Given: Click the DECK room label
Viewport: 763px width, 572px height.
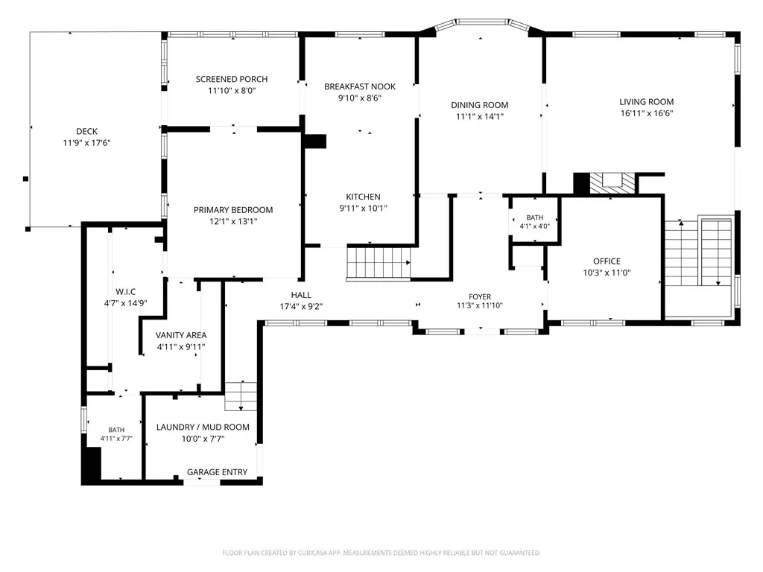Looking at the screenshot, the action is (86, 131).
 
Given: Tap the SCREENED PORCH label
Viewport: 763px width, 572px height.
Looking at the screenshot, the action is (232, 79).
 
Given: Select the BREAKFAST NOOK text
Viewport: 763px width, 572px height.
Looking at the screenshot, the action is (360, 86).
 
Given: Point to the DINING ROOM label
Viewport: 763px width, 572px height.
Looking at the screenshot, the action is (479, 105).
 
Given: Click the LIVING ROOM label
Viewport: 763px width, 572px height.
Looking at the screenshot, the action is (646, 101).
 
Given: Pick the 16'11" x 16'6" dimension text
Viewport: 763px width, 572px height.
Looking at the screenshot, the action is (646, 113).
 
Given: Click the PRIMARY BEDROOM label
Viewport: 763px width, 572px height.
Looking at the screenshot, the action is (233, 209).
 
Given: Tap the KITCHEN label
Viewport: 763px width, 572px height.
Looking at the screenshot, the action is (363, 197).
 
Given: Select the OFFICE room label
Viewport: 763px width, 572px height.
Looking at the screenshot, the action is (607, 261).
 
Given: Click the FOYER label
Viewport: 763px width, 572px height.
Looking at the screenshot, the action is (480, 296).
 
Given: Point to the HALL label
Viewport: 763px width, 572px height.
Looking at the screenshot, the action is (301, 295).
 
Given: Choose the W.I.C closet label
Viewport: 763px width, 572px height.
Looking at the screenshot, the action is (125, 291).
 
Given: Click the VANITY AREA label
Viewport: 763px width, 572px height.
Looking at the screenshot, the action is (181, 335).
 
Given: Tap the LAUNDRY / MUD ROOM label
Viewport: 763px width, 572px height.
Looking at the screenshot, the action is (203, 427).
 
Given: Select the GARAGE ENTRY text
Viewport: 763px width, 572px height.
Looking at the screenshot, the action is (217, 471).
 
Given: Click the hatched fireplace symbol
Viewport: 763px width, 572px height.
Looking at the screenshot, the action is (612, 183).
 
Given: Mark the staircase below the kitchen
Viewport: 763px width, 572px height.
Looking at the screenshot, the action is (379, 263).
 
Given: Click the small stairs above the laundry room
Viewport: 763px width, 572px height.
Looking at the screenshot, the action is (241, 396).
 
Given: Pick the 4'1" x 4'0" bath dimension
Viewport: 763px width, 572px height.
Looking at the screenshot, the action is (535, 226).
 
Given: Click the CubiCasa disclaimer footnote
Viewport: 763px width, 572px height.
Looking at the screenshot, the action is (381, 553).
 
